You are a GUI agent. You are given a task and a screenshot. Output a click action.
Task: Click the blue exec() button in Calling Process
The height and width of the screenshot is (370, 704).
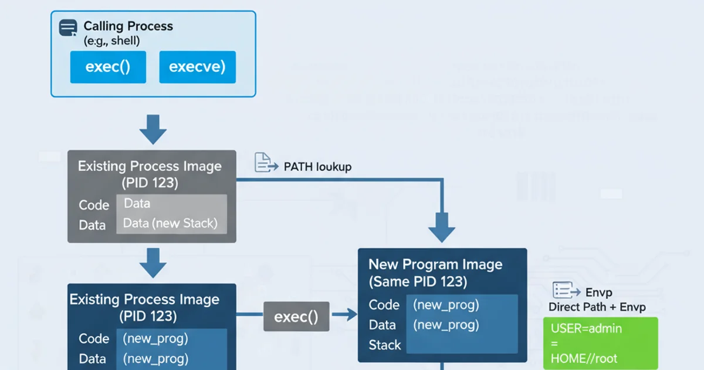[x=108, y=67]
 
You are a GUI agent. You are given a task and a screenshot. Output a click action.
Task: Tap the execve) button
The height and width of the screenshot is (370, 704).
[x=197, y=67]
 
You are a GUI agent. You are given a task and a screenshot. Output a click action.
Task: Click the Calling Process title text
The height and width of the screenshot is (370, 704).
[x=128, y=26]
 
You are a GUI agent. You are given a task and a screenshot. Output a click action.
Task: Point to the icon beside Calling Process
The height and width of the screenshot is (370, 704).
[x=68, y=28]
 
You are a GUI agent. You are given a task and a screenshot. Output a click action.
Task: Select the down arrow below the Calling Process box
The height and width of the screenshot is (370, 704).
[x=153, y=129]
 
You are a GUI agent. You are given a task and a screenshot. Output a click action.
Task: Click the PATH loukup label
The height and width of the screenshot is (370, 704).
[x=317, y=167]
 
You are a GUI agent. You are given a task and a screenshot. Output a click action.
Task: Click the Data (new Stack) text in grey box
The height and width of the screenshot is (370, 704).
[x=170, y=223]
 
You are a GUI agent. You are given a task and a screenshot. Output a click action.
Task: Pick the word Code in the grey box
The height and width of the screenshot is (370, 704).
[x=94, y=205]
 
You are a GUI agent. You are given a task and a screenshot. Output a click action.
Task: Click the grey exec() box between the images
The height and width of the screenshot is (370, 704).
[x=296, y=317]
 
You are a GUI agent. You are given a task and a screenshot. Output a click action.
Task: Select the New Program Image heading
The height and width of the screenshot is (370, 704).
[x=435, y=264]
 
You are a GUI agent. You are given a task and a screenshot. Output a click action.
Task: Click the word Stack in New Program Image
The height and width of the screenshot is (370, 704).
[x=385, y=345]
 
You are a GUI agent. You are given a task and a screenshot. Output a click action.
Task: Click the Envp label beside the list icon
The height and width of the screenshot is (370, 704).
[x=600, y=292]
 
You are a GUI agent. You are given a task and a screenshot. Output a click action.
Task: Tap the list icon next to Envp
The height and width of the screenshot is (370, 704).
[x=563, y=290]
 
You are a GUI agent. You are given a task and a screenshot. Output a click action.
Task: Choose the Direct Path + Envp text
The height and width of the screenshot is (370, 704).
[x=597, y=307]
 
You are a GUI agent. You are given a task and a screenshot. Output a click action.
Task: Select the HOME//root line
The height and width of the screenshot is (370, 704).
[x=584, y=358]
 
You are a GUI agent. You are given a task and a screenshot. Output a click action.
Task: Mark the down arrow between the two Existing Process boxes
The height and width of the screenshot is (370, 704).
[x=153, y=262]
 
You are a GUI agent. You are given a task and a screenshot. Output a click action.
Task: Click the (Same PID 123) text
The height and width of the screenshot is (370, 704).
[x=418, y=282]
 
